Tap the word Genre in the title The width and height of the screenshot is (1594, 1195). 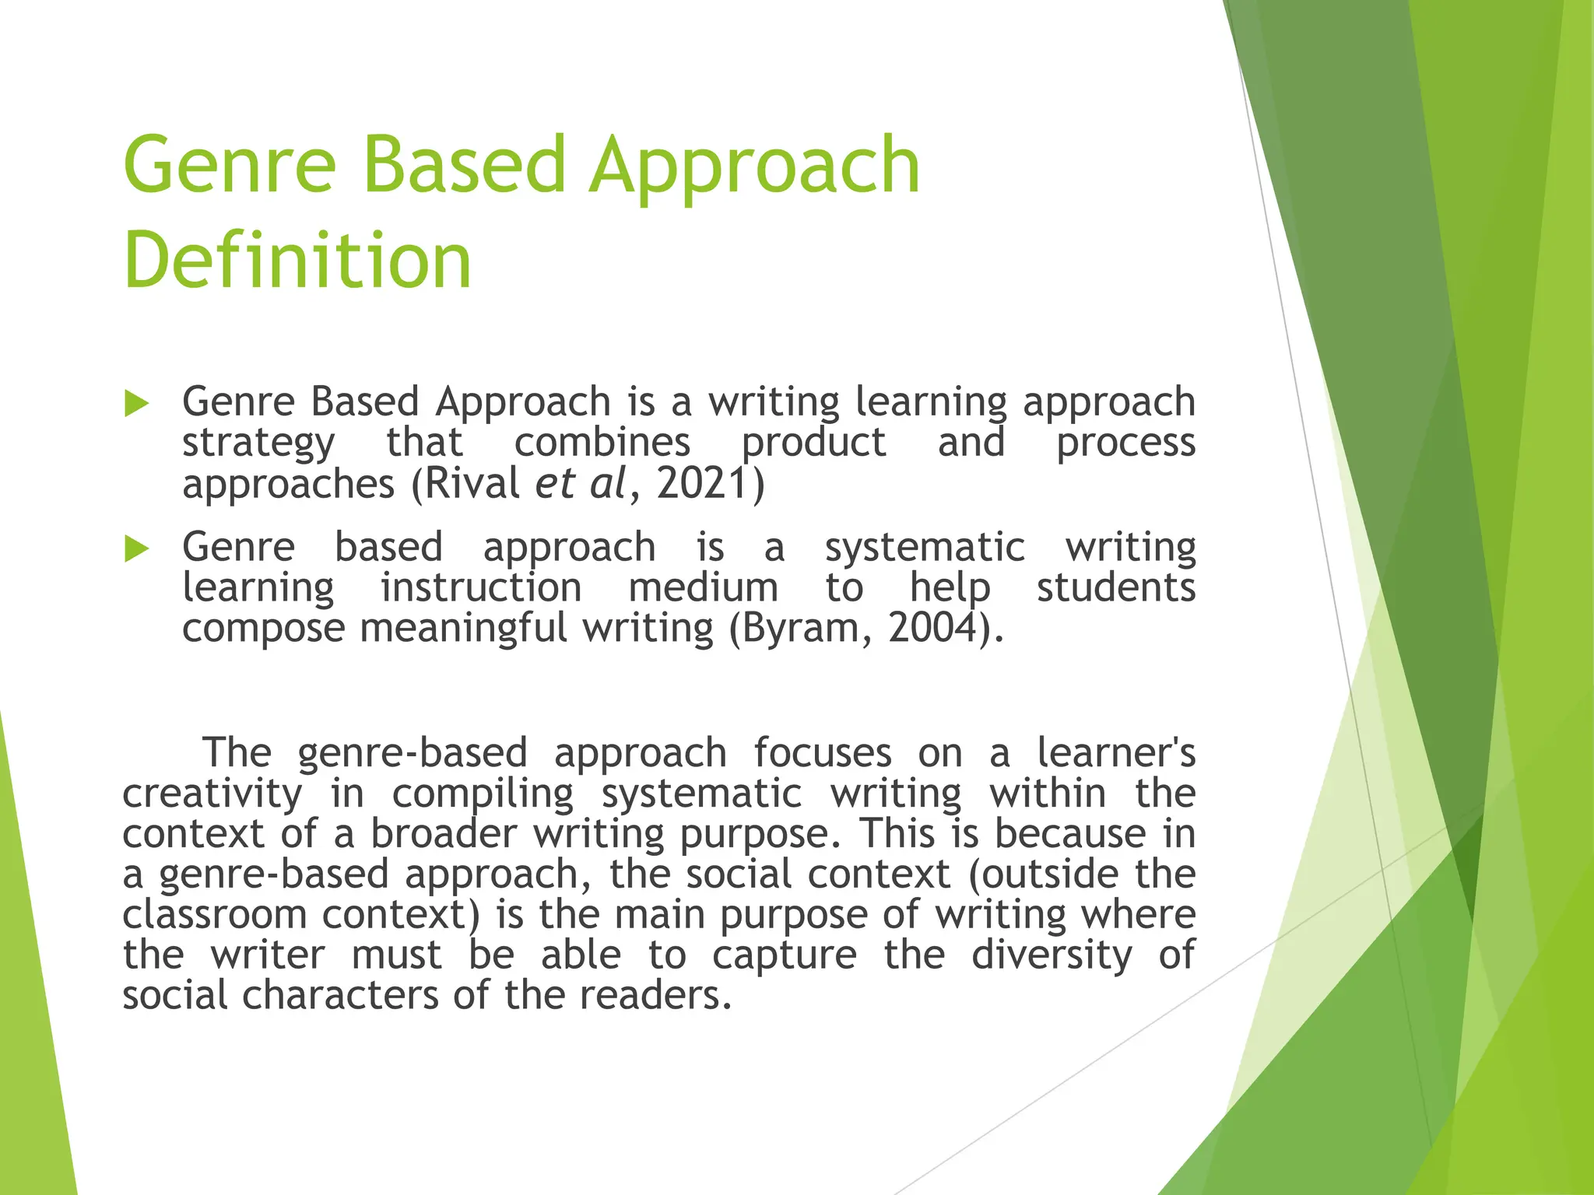click(230, 165)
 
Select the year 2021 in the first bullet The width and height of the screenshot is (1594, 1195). click(703, 483)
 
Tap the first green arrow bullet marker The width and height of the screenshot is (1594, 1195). click(136, 404)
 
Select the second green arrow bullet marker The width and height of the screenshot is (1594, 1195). click(136, 548)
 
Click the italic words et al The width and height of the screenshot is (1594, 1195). click(580, 483)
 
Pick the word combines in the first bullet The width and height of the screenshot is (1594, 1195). click(602, 443)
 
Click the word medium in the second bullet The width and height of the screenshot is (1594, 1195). click(703, 587)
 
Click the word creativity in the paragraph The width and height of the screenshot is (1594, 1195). click(212, 794)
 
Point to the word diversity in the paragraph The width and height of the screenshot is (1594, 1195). click(1052, 955)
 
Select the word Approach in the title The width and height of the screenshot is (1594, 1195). click(754, 165)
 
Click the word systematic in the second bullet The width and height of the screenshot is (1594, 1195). click(925, 547)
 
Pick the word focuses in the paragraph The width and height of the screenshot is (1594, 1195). click(822, 752)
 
